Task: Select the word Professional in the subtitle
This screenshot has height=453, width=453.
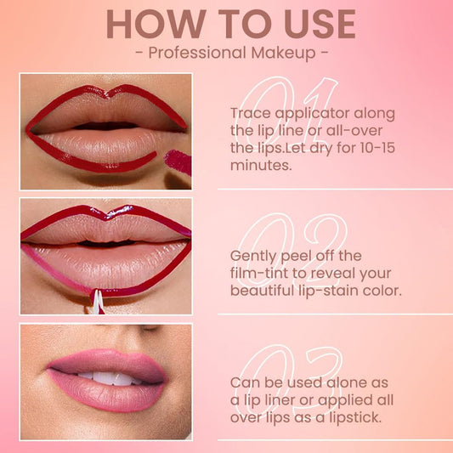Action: pyautogui.click(x=192, y=54)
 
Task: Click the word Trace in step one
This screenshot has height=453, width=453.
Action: pyautogui.click(x=250, y=113)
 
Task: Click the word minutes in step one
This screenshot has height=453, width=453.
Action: pyautogui.click(x=260, y=167)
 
